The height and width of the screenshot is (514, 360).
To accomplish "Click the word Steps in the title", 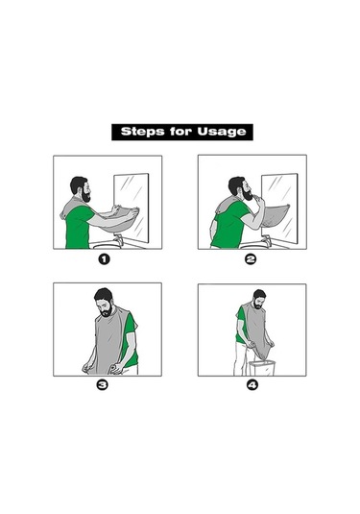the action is coord(142,132).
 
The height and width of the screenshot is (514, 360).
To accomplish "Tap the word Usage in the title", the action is coord(221,133).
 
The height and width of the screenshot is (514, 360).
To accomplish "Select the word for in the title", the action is coord(180,132).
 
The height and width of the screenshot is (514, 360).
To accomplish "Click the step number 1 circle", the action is coord(105,259).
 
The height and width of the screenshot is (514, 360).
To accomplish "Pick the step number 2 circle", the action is coord(251,259).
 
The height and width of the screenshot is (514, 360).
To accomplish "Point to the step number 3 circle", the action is coord(102,385).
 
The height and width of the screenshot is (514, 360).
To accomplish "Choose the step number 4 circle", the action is coord(252,385).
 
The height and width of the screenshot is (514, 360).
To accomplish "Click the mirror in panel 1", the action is coord(132,208).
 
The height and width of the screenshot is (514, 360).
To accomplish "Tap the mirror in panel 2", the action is coord(279,208).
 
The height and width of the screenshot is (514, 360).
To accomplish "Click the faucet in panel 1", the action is coord(119,239).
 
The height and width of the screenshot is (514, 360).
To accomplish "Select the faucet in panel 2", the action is coord(267,240).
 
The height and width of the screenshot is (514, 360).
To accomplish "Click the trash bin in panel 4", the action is coord(262,368).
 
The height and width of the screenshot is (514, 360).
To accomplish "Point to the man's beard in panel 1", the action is coord(85,196).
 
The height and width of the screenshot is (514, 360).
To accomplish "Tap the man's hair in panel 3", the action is coord(103,294).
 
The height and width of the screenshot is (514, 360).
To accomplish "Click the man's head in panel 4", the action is coord(259,299).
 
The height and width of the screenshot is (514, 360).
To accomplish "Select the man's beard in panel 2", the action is coord(247,195).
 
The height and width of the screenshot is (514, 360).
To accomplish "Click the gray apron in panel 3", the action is coord(109,341).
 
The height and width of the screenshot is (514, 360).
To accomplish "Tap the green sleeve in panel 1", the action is coord(84,214).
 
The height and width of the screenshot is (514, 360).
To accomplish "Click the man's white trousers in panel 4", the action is coord(241,359).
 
